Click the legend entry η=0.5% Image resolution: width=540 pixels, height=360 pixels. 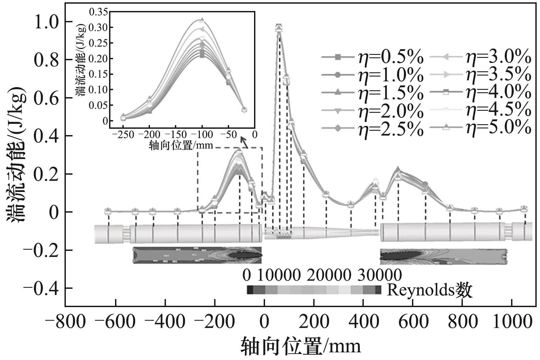click(x=372, y=57)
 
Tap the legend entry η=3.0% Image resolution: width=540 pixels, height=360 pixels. click(x=480, y=57)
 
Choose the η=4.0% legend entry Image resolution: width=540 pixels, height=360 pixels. click(x=480, y=92)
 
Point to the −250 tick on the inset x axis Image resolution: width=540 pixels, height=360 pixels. click(x=123, y=135)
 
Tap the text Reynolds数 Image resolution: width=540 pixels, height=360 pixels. click(x=429, y=290)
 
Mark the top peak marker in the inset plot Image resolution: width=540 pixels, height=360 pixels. click(x=202, y=21)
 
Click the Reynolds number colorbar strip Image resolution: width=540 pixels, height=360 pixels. click(x=314, y=290)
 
